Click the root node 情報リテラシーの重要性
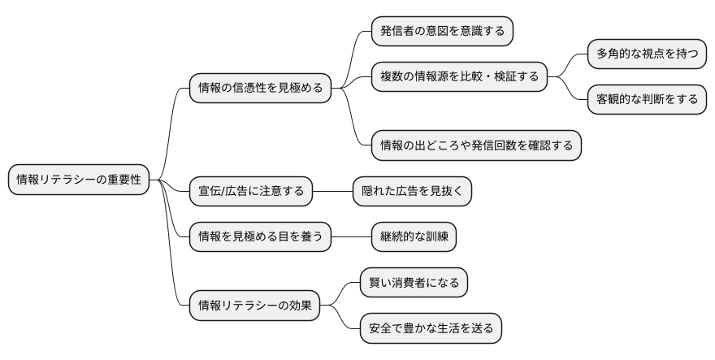point(79,180)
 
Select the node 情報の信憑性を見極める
point(260,87)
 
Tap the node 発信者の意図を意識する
point(442,32)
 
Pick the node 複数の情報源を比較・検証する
point(459,77)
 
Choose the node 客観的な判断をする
point(647,99)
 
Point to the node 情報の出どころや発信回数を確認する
point(476,145)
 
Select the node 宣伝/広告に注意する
point(250,191)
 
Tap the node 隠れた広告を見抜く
point(413,191)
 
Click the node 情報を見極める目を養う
point(260,236)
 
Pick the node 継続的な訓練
point(413,236)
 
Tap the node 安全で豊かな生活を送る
point(431,328)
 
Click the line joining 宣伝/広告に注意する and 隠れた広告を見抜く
point(332,191)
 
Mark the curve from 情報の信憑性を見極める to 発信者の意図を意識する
point(354,57)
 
